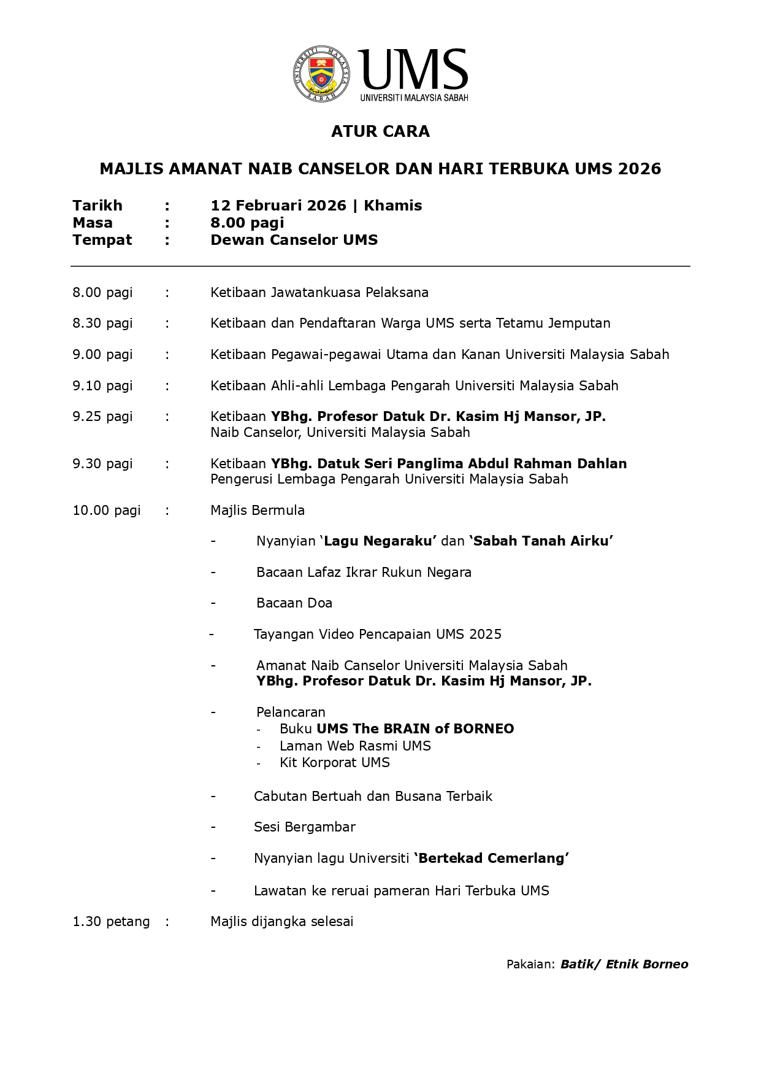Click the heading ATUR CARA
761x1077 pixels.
[x=380, y=131]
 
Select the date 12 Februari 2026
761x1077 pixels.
[x=278, y=206]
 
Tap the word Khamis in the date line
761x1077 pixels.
[x=392, y=206]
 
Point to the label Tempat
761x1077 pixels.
[x=102, y=240]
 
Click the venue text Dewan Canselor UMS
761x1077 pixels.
[x=294, y=240]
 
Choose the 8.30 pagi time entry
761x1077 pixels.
[x=102, y=323]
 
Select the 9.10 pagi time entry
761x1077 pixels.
[x=102, y=386]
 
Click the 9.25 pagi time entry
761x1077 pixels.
[x=102, y=417]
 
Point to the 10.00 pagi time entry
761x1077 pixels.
[x=107, y=511]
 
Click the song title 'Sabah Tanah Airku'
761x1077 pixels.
[x=541, y=541]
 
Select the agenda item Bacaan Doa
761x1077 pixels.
[x=294, y=603]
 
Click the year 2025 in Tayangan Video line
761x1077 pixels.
[x=485, y=635]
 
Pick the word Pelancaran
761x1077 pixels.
[x=291, y=712]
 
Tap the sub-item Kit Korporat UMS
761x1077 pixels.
[x=334, y=763]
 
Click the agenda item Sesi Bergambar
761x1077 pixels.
[x=305, y=827]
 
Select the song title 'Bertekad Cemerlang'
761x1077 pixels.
[x=491, y=859]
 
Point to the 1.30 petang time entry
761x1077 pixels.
[x=111, y=922]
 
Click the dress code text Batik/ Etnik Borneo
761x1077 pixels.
[x=624, y=965]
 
